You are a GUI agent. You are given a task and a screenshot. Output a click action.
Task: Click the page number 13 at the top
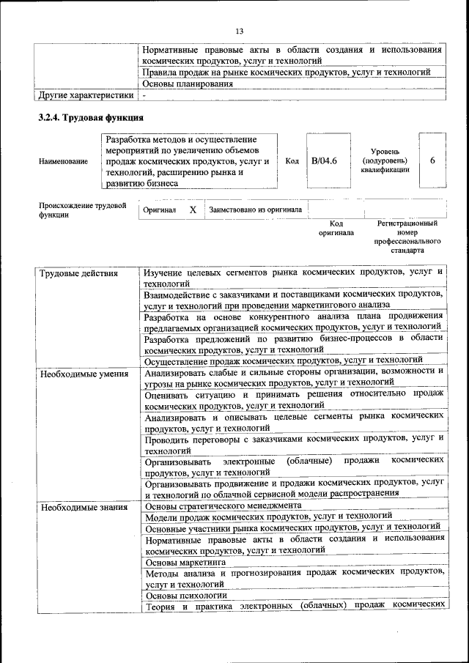[238, 30]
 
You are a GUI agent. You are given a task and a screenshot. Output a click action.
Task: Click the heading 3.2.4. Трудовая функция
[86, 117]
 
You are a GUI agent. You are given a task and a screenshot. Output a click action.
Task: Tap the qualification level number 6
[432, 160]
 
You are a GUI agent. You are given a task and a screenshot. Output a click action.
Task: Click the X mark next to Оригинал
[193, 210]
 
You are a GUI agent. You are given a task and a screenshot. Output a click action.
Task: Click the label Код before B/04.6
[292, 161]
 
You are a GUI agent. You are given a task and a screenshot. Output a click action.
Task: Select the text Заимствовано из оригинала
[255, 210]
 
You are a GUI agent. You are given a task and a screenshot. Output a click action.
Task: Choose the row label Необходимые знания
[83, 507]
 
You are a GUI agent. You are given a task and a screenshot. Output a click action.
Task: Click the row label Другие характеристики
[86, 95]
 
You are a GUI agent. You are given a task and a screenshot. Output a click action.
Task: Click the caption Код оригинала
[336, 228]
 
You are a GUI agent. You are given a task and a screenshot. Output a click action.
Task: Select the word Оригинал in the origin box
[160, 210]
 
